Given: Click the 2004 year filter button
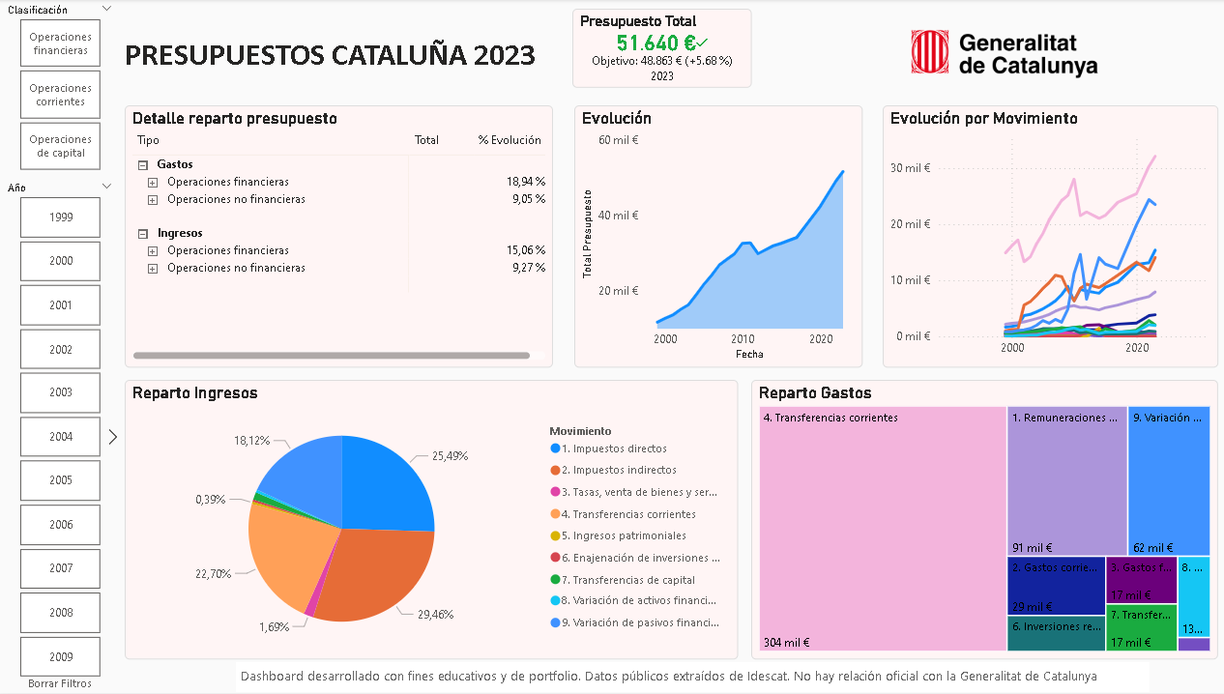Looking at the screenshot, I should click(60, 437).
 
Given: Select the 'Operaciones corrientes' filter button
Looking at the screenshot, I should click(60, 95).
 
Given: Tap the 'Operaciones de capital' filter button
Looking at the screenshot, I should click(60, 146).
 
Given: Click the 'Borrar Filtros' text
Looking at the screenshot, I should click(60, 683).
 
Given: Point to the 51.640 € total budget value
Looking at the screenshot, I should click(656, 43).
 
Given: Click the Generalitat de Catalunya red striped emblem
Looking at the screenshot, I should click(929, 52).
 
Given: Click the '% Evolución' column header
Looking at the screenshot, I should click(510, 140).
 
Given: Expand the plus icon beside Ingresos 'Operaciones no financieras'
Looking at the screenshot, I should click(152, 269).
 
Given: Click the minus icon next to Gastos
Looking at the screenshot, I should click(142, 165).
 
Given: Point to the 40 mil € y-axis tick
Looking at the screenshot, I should click(620, 216).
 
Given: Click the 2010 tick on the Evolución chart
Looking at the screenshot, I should click(743, 339).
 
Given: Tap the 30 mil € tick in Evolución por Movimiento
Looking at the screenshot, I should click(909, 168).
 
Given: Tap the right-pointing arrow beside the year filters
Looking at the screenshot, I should click(112, 437).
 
